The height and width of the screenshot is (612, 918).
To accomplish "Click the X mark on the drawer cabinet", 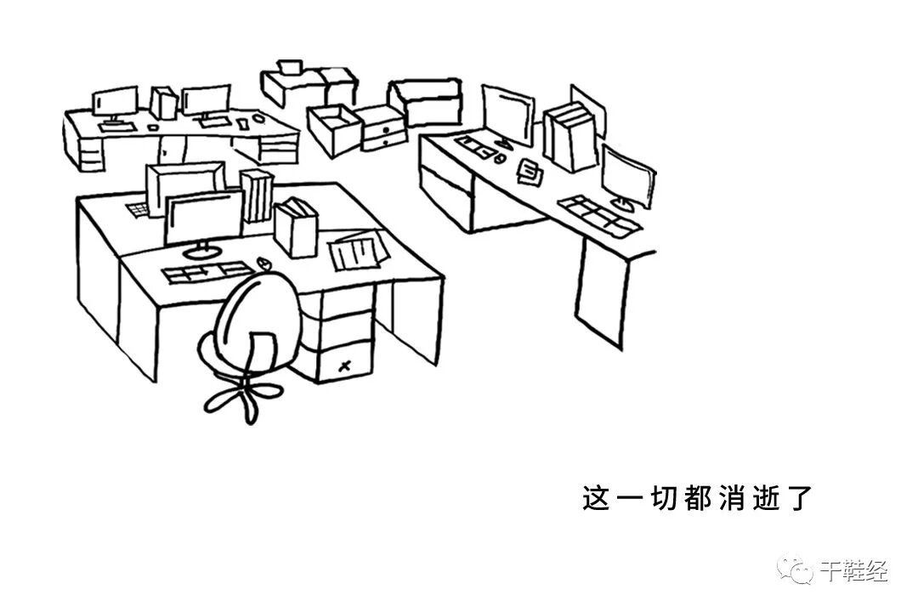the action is click(x=343, y=366).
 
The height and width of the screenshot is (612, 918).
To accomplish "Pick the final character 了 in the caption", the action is click(x=800, y=498).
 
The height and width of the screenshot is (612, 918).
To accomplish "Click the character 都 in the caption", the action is click(x=699, y=498).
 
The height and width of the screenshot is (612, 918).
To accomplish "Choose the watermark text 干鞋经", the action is click(x=853, y=571).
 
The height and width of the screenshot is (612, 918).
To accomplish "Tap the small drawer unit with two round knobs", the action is click(x=382, y=129).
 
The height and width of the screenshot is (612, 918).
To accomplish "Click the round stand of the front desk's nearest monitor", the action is click(x=201, y=252).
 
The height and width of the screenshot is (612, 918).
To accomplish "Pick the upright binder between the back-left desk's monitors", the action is click(x=163, y=102).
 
